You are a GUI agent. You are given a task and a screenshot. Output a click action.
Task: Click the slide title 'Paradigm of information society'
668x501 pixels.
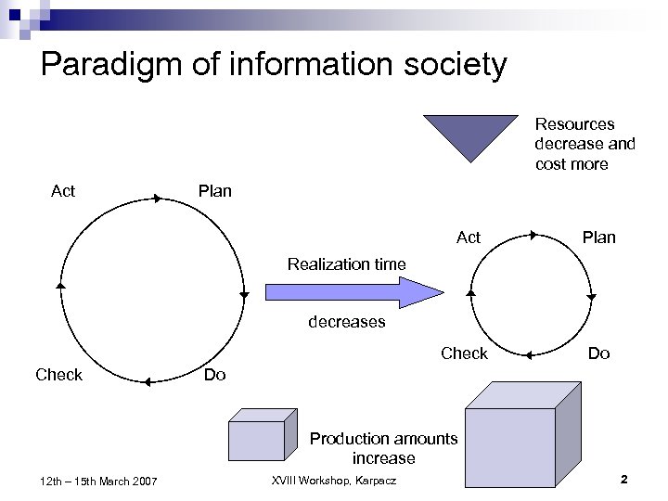tap(275, 65)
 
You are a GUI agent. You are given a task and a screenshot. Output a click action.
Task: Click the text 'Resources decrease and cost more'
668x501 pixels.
tap(584, 144)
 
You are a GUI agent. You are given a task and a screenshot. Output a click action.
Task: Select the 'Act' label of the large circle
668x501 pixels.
tap(63, 191)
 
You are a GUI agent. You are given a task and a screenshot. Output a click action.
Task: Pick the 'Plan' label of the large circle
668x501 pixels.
tap(215, 191)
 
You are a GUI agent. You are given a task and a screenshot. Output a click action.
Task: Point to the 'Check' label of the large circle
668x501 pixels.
tap(58, 375)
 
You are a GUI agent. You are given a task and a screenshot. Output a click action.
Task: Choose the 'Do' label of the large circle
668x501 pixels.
tap(214, 375)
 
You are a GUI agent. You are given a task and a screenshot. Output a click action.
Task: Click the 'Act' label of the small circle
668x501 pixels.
tap(469, 238)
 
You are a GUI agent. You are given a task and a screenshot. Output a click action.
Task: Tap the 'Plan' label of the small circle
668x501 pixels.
tap(598, 238)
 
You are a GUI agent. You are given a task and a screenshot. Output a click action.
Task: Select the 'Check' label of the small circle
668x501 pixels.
tap(464, 353)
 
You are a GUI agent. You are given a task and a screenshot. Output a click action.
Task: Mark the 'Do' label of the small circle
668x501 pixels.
tap(599, 353)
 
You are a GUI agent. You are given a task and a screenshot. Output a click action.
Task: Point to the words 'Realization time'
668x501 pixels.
tap(346, 264)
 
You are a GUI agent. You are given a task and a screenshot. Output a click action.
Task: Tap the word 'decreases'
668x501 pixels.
tap(346, 323)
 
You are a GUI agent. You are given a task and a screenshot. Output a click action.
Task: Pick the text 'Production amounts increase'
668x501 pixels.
tap(383, 448)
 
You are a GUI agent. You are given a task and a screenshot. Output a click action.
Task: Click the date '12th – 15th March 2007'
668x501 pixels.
tap(99, 480)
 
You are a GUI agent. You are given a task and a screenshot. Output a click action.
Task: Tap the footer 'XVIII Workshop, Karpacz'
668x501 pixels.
tap(333, 479)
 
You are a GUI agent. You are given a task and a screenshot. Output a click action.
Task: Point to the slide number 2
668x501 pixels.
tap(623, 479)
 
